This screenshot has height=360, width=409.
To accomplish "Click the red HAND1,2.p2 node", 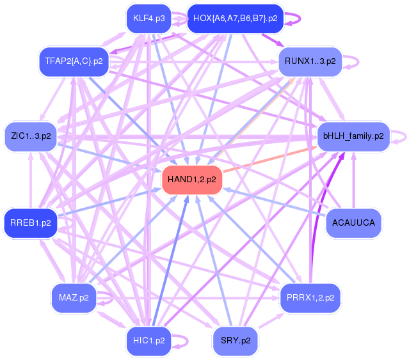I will click(x=192, y=180).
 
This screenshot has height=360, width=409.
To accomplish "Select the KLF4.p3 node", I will click(x=148, y=19).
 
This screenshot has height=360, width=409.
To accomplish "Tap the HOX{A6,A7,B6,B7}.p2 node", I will click(x=235, y=19).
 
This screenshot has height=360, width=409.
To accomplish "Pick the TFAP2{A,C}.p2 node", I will click(x=74, y=61).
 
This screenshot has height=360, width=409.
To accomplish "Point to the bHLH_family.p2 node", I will click(x=353, y=136).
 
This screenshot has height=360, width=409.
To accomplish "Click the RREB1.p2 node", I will click(x=31, y=223).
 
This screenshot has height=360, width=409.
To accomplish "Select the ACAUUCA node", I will click(x=353, y=223).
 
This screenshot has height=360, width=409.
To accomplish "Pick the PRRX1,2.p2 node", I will click(x=310, y=298).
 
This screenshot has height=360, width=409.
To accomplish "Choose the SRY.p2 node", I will click(x=235, y=340).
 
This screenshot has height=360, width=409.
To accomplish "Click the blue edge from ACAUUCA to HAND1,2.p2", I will click(x=275, y=202).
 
